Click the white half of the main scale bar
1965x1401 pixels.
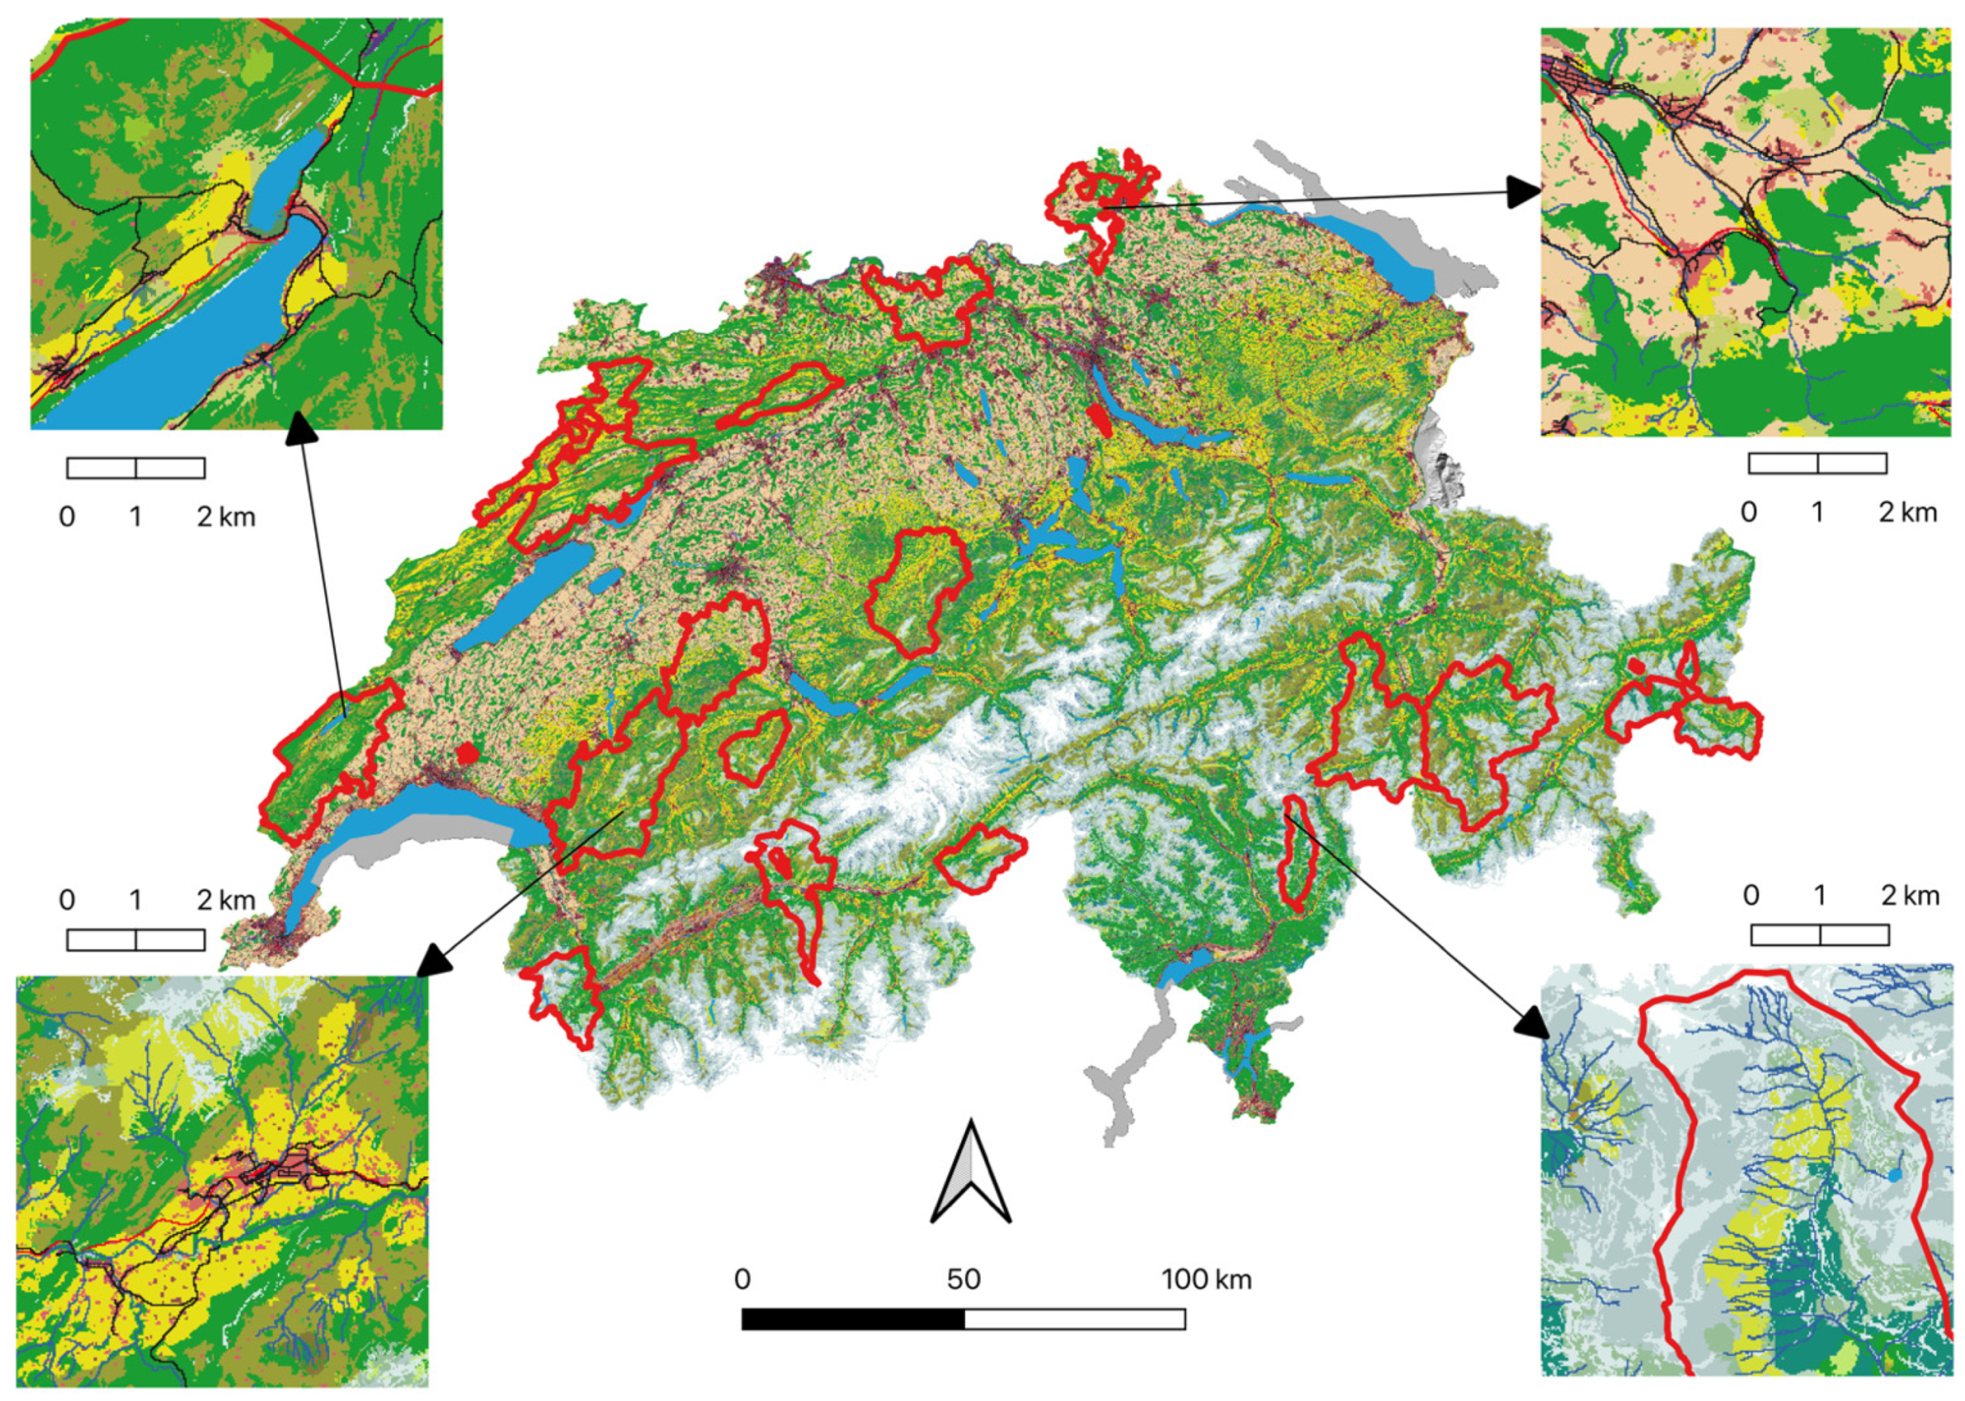click(x=1074, y=1318)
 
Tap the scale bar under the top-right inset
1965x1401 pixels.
click(x=1816, y=463)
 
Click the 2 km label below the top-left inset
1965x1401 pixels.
click(x=225, y=516)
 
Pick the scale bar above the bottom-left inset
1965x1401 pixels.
click(x=136, y=939)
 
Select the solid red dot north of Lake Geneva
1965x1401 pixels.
click(x=467, y=753)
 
